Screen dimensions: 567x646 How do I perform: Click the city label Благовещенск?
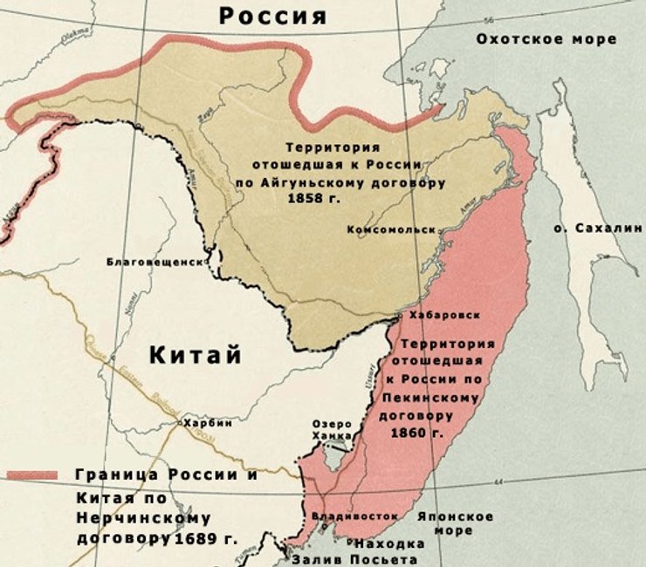coord(155,261)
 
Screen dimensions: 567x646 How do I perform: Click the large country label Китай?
coord(194,355)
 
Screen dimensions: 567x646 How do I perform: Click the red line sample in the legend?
coord(32,475)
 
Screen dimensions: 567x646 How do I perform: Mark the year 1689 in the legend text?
coord(194,539)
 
